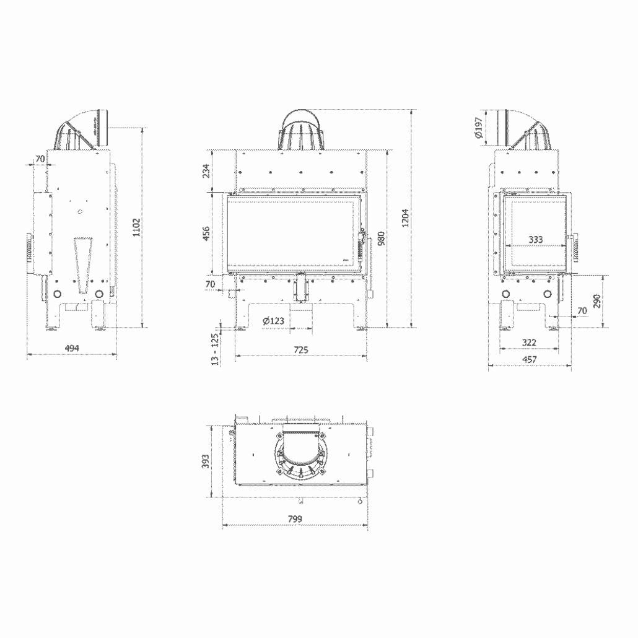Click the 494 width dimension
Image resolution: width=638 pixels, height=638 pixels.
pyautogui.click(x=72, y=349)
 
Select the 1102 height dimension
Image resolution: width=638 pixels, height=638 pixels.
pyautogui.click(x=137, y=227)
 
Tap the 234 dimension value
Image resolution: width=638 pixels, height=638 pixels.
pyautogui.click(x=207, y=170)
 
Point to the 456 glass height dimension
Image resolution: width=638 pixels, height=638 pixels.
pyautogui.click(x=207, y=233)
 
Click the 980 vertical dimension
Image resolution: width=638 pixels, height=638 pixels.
pyautogui.click(x=381, y=238)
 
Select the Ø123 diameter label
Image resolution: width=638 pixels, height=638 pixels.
pyautogui.click(x=273, y=321)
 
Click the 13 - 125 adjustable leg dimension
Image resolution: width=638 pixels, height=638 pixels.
pyautogui.click(x=215, y=349)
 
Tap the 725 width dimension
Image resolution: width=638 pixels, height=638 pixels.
pyautogui.click(x=300, y=350)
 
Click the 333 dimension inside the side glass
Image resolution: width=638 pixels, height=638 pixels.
pyautogui.click(x=536, y=239)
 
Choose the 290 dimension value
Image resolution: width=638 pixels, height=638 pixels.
pyautogui.click(x=596, y=301)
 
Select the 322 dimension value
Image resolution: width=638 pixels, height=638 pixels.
pyautogui.click(x=529, y=342)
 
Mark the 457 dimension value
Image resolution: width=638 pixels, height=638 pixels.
pyautogui.click(x=529, y=359)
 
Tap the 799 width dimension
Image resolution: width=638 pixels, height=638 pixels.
pyautogui.click(x=295, y=518)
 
